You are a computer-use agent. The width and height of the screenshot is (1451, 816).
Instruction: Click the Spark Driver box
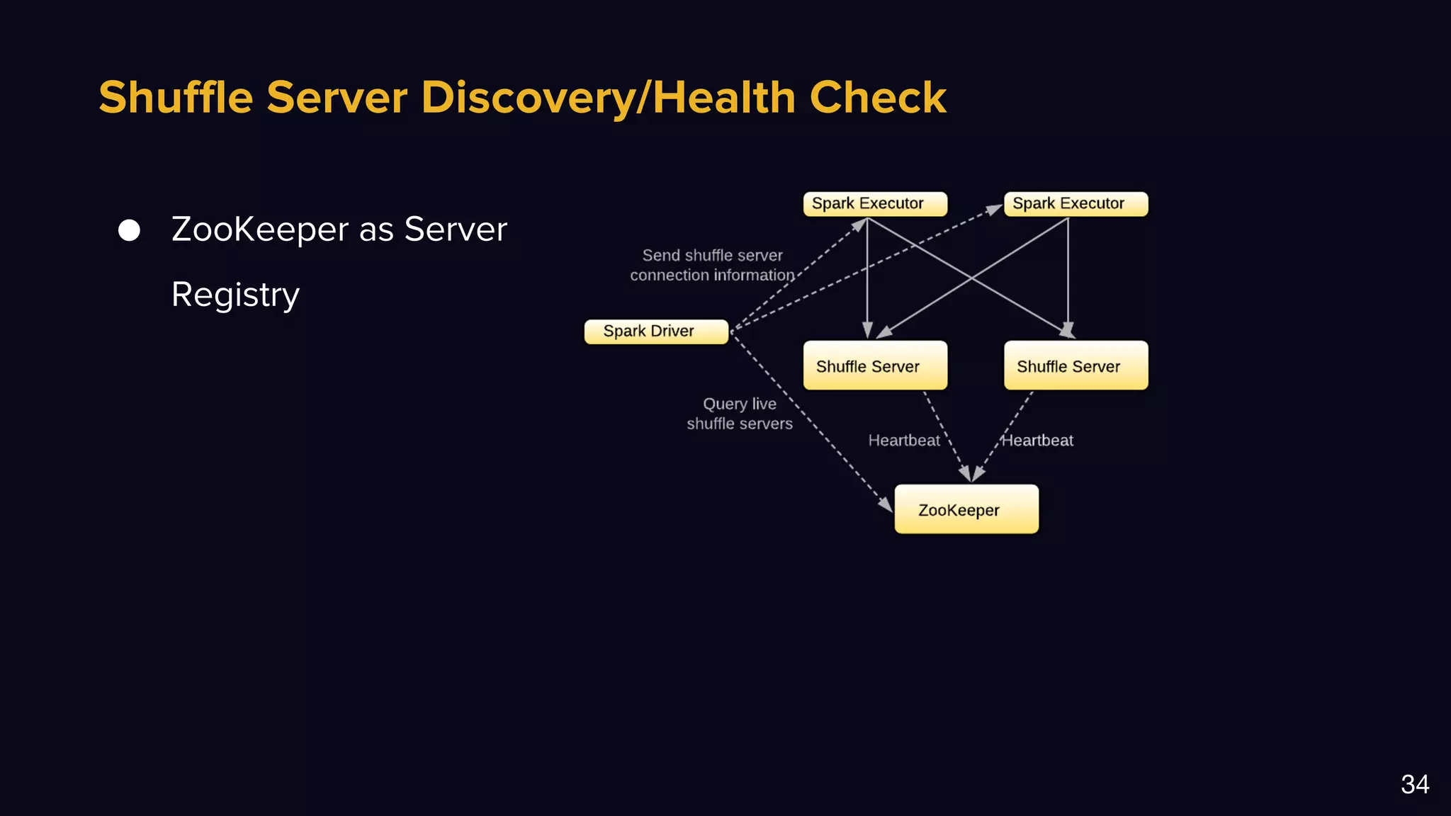point(656,331)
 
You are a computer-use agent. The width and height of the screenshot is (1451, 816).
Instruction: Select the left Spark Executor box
point(875,204)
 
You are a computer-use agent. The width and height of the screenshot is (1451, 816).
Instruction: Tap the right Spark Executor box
point(1075,204)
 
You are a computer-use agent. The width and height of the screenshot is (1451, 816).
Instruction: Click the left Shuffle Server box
point(875,365)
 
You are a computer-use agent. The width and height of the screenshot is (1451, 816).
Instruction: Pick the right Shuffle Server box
point(1075,365)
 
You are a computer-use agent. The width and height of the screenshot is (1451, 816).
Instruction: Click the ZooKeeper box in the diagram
point(966,509)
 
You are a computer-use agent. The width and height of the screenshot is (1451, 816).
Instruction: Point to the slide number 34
point(1414,784)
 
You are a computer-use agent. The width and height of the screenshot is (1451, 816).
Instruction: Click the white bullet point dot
point(129,230)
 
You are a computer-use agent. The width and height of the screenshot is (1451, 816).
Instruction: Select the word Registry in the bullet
point(235,295)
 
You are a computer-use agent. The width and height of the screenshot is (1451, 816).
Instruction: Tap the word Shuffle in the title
point(176,98)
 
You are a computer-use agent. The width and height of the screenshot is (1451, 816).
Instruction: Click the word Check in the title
point(878,98)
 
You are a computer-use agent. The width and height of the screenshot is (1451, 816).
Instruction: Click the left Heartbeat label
point(903,441)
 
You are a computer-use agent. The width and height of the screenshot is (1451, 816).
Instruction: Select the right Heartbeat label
point(1038,441)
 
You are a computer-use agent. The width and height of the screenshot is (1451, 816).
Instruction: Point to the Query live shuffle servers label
point(739,414)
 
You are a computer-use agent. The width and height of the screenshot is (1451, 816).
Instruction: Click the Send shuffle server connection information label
point(712,265)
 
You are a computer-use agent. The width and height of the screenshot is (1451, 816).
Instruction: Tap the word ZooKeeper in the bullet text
point(260,229)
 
